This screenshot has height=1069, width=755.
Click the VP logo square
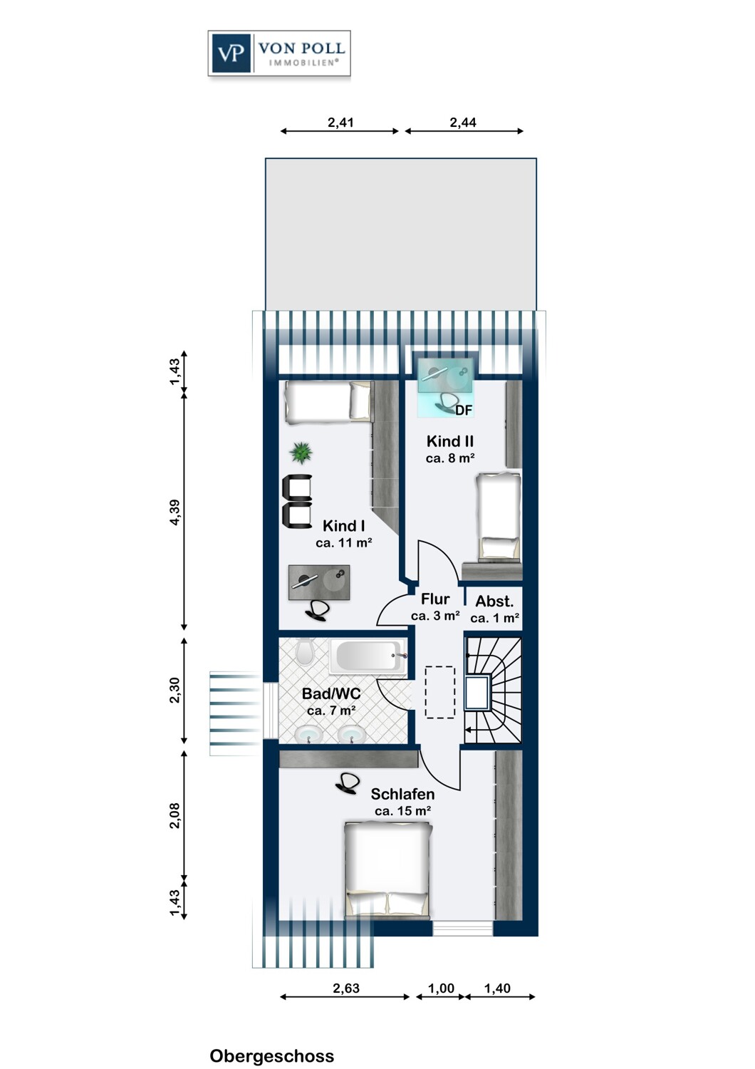click(x=231, y=53)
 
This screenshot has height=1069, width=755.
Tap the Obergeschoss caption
click(x=272, y=1056)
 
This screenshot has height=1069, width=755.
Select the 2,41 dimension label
click(x=340, y=123)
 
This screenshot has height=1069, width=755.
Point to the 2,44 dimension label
click(x=463, y=123)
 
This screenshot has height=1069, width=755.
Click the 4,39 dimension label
click(x=175, y=512)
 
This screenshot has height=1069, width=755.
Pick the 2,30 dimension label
click(x=175, y=690)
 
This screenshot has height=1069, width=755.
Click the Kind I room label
click(x=344, y=526)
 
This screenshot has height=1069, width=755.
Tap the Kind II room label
click(x=450, y=441)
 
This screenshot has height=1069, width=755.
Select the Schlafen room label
click(x=403, y=794)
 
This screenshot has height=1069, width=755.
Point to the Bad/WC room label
click(x=331, y=693)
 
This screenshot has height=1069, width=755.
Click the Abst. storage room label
click(x=494, y=601)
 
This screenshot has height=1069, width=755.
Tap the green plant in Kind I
click(x=301, y=452)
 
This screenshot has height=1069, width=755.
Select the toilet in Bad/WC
click(x=304, y=651)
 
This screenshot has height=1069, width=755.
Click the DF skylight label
click(x=464, y=410)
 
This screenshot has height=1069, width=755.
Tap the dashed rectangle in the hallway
click(x=440, y=692)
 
